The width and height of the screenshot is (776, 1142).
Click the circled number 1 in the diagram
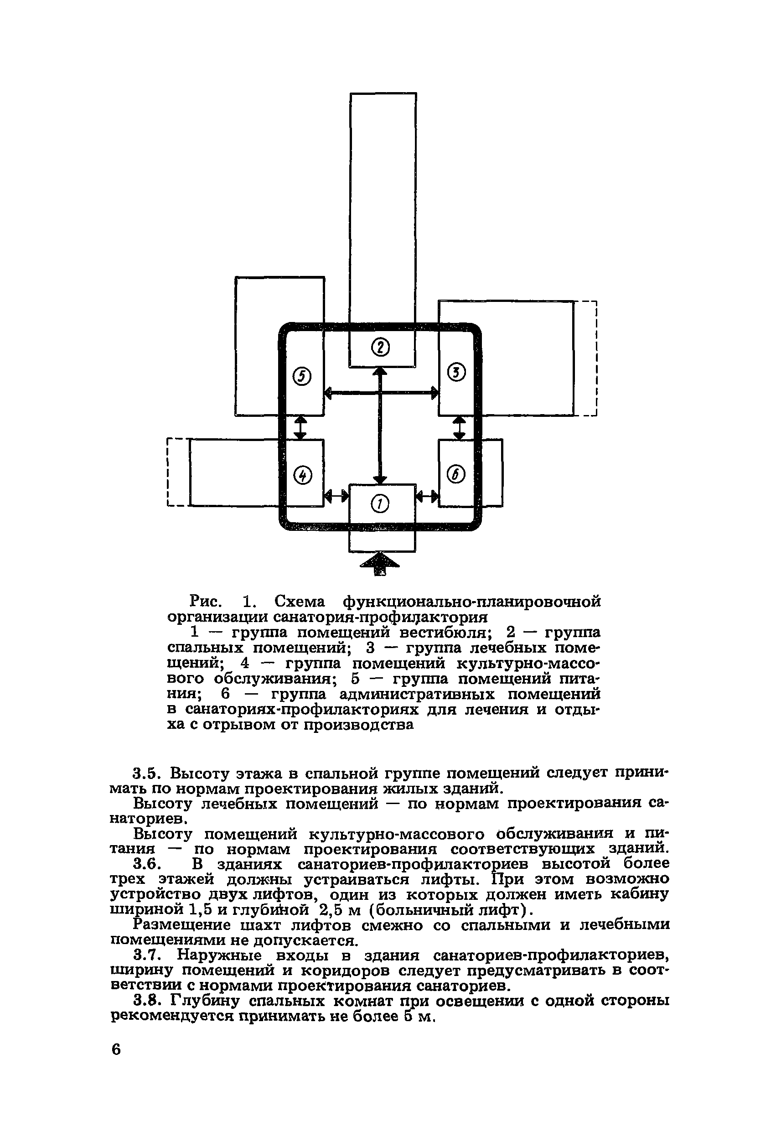381,504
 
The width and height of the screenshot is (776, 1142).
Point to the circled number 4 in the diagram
302,475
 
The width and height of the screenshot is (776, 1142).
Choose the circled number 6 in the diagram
456,474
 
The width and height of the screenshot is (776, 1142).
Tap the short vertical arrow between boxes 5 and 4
300,427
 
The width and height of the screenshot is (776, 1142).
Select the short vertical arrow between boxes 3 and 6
459,427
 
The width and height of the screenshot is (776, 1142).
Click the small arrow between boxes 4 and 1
336,497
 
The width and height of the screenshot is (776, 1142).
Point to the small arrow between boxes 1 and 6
427,497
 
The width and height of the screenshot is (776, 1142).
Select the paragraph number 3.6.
147,863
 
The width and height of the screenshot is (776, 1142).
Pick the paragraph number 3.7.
147,955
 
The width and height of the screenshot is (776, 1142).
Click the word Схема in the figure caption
300,602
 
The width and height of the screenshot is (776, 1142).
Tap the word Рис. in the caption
206,602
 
